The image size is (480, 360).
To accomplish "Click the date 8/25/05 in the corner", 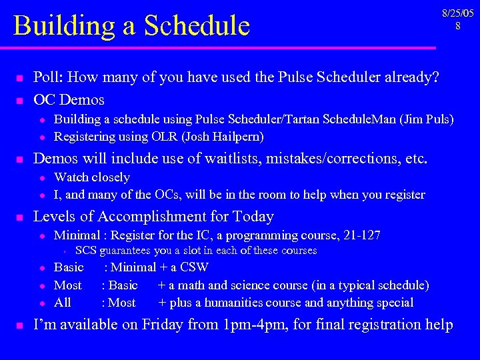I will pyautogui.click(x=457, y=13).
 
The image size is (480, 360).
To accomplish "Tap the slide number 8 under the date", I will pyautogui.click(x=457, y=26).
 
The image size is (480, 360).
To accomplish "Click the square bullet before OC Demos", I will pyautogui.click(x=20, y=101).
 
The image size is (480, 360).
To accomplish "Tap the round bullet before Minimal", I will pyautogui.click(x=41, y=236).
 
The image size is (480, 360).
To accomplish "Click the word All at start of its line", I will pyautogui.click(x=63, y=303).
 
